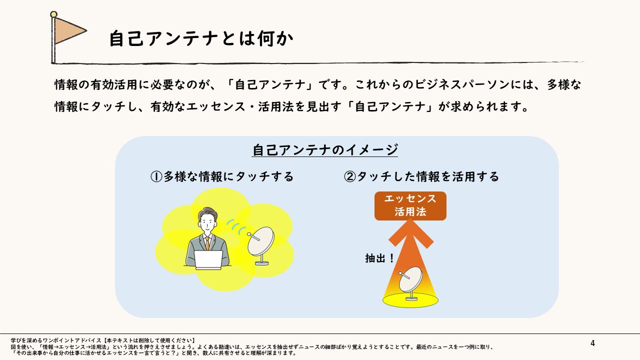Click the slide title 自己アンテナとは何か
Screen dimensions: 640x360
pos(201,38)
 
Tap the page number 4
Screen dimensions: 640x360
pos(592,343)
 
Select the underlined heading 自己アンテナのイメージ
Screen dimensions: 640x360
pos(325,150)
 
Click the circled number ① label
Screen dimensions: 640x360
pos(156,176)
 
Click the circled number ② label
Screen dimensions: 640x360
pos(349,176)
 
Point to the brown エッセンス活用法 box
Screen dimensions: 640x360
pos(410,206)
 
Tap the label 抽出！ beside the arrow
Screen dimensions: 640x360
pos(379,258)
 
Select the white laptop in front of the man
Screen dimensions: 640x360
pos(208,259)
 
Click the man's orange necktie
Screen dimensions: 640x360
pos(207,243)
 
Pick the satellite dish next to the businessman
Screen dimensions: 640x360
pos(260,245)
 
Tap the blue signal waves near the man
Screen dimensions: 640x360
pos(236,225)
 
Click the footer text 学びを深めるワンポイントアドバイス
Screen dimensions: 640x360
pos(56,340)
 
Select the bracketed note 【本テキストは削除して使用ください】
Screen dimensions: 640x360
pos(148,340)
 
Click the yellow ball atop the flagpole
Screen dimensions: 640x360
pos(53,14)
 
